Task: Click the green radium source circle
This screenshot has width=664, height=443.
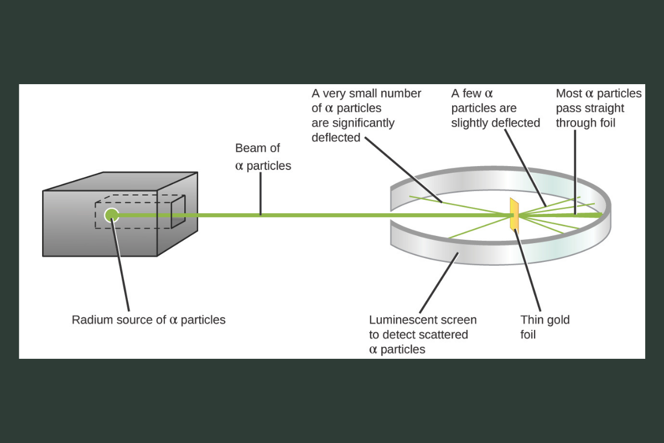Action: click(112, 215)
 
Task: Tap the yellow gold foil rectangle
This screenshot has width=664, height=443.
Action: click(514, 214)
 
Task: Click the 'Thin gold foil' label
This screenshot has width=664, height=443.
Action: click(544, 327)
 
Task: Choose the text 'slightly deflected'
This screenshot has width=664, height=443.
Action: click(495, 123)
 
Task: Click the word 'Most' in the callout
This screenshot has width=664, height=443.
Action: click(568, 94)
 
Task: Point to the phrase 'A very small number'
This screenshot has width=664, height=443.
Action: click(366, 94)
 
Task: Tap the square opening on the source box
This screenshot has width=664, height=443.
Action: click(178, 211)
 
